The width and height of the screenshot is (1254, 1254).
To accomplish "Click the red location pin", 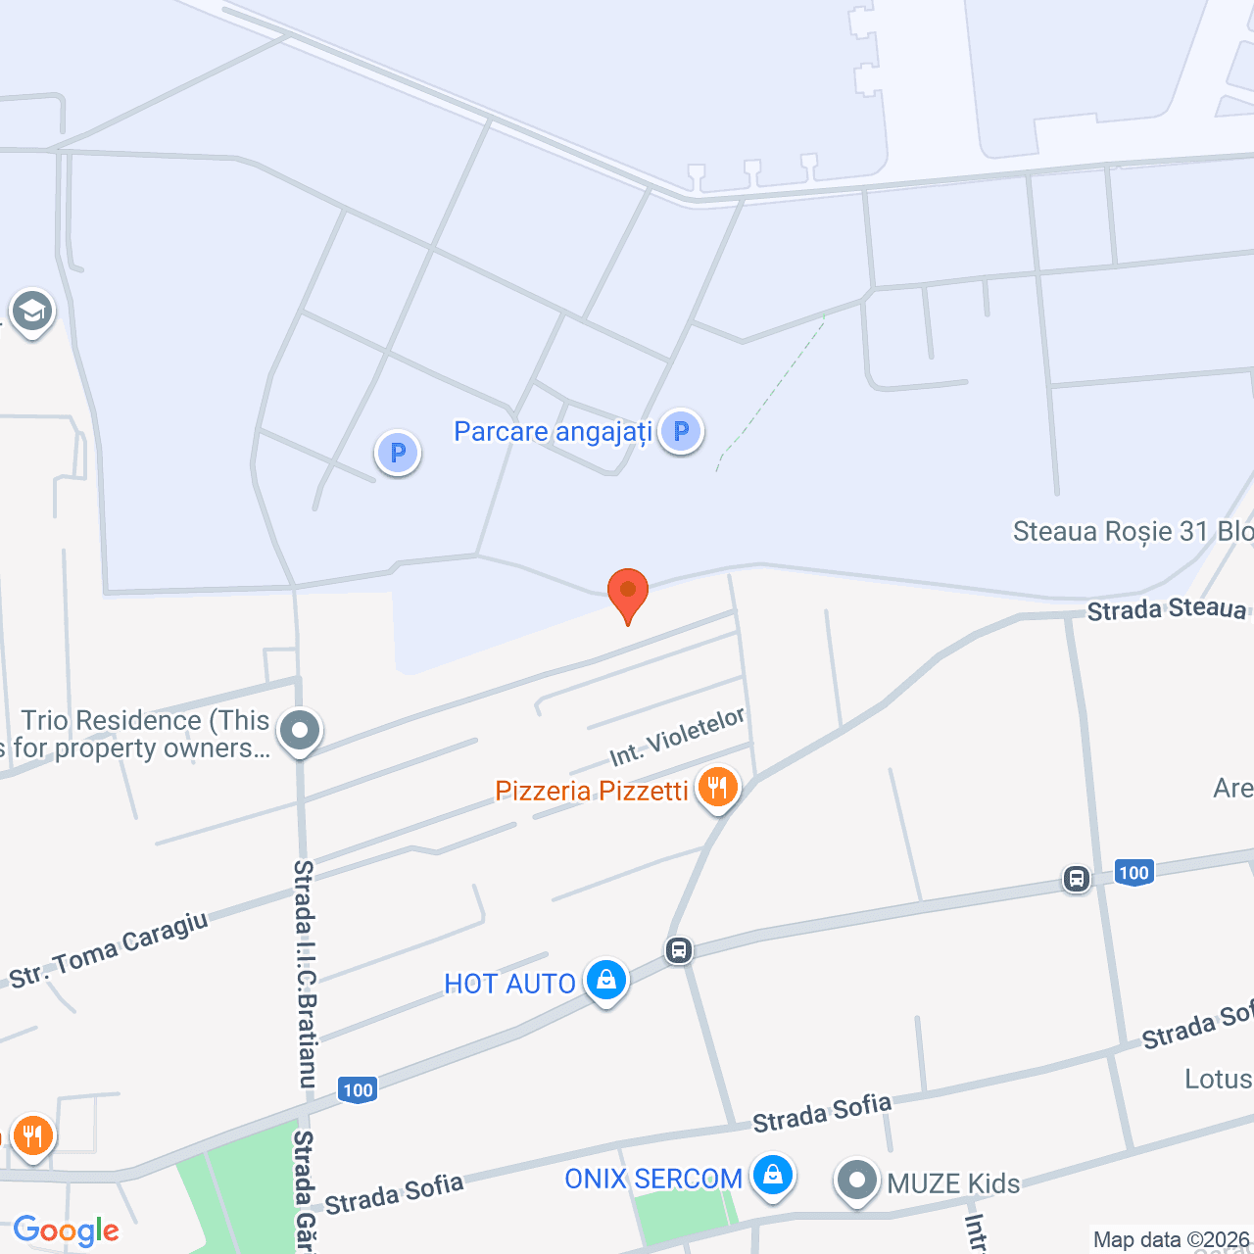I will point(628,593).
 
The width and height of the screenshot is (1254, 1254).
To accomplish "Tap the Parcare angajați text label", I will point(553,432).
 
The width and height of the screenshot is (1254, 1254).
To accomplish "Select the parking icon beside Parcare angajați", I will point(681,431).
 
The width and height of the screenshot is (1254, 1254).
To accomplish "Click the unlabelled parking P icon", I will point(398,453).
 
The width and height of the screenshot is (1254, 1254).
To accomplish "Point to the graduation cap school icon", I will point(32,313).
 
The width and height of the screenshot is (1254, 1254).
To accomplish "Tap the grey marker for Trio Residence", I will point(300,731).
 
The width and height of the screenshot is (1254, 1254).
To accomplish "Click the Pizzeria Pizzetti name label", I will point(592,791).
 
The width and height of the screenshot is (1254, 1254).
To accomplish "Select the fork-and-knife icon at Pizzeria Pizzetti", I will point(718,788).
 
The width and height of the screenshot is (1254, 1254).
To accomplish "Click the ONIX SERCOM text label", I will point(653,1179).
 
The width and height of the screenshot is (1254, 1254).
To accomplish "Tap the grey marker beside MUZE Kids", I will point(857,1182).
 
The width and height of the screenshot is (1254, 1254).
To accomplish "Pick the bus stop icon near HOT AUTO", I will point(679,949).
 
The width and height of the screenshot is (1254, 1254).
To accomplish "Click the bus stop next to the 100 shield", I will point(1077,879).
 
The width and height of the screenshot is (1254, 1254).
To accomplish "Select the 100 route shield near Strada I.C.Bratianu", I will point(358,1089).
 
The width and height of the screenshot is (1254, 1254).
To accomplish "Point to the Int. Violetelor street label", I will point(677,737).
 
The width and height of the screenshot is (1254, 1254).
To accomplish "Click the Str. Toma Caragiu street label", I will point(109,948).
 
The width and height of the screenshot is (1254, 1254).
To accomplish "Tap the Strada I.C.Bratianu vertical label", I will point(306,974).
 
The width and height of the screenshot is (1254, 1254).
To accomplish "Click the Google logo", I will point(67,1230).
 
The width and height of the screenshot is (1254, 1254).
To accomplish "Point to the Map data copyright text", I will point(1172,1240).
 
